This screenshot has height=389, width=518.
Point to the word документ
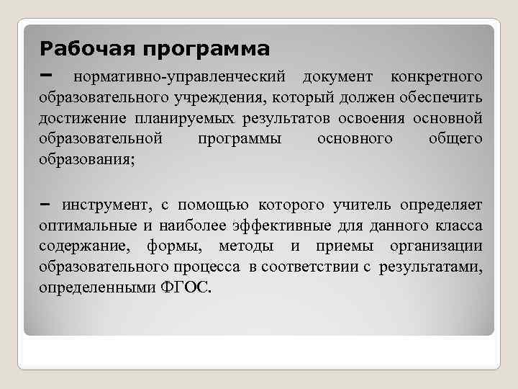click(338, 76)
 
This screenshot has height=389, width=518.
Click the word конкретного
click(436, 76)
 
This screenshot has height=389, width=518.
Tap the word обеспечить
click(441, 97)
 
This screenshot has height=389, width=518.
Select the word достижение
click(82, 117)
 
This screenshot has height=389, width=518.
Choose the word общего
click(455, 138)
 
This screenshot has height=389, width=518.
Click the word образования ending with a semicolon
click(86, 159)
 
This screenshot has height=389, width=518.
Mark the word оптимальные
click(86, 226)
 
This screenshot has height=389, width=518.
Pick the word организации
click(436, 247)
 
